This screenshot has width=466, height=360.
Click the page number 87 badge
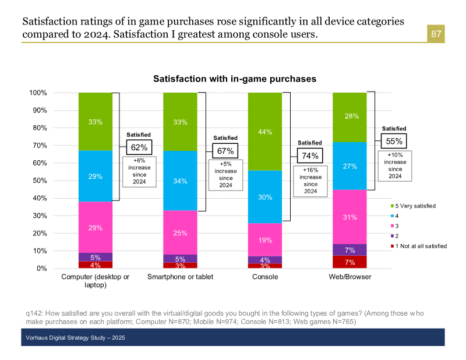pyautogui.click(x=436, y=34)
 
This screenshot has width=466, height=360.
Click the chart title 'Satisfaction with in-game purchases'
pyautogui.click(x=235, y=78)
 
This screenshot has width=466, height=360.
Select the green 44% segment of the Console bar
pyautogui.click(x=265, y=132)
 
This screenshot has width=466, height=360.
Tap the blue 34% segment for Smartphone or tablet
pyautogui.click(x=180, y=181)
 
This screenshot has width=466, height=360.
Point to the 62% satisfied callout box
pyautogui.click(x=139, y=147)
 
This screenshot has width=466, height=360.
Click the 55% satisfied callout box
pyautogui.click(x=394, y=141)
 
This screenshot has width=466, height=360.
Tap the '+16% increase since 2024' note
pyautogui.click(x=310, y=180)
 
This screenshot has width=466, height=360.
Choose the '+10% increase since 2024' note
pyautogui.click(x=395, y=165)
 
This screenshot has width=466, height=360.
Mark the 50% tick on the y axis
pyautogui.click(x=39, y=181)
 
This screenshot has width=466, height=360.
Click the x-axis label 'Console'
pyautogui.click(x=264, y=277)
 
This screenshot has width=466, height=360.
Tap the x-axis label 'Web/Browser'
pyautogui.click(x=349, y=277)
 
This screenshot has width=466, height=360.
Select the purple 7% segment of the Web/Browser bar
pyautogui.click(x=349, y=250)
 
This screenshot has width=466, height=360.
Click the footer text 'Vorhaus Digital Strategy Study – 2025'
pyautogui.click(x=75, y=338)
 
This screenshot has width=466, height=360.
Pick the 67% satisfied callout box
pyautogui.click(x=225, y=150)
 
